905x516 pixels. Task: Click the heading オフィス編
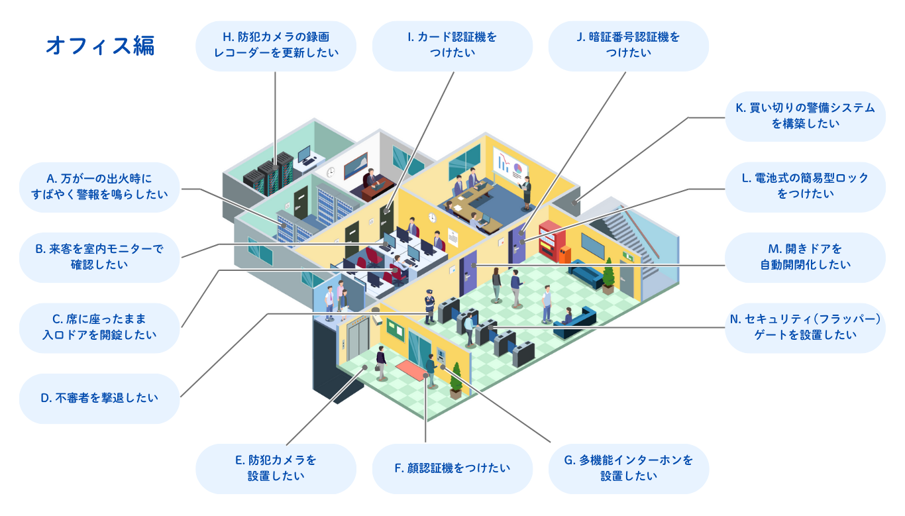click(100, 46)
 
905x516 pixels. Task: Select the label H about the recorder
click(276, 46)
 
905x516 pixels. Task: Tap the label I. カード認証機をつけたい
click(452, 46)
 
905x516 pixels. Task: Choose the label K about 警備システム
click(805, 116)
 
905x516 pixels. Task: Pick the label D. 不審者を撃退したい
click(99, 398)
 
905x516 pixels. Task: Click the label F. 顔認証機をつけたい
click(452, 468)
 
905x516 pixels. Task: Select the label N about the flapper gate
click(805, 327)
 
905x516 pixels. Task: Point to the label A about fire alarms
click(99, 187)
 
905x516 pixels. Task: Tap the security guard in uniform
click(430, 305)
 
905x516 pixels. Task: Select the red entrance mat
click(411, 368)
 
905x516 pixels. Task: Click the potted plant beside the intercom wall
click(456, 383)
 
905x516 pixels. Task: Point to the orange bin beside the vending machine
click(565, 254)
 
